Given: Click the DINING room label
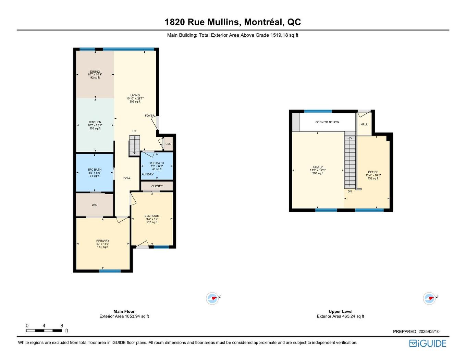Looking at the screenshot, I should pos(95,72).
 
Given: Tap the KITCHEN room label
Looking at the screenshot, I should pos(95,122).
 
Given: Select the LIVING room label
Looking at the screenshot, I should pos(135,96).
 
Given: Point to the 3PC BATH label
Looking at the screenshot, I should pos(95,170).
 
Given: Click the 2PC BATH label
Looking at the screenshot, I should pos(157,163).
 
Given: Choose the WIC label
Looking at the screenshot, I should pos(95,205).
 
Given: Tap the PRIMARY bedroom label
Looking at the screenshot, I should pos(103,241).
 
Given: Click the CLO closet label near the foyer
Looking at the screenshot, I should pos(168,144).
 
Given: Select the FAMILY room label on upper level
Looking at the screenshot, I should pos(318,167).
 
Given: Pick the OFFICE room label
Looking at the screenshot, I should pos(373,172).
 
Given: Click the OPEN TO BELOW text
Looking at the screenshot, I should pos(327,122).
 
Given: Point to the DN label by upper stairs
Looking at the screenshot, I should pos(349,191).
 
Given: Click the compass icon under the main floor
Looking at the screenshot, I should pos(212,298).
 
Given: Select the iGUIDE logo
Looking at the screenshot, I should pos(428,344).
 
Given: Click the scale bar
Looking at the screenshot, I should pos(44,331).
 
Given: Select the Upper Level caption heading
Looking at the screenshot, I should pos(340,311).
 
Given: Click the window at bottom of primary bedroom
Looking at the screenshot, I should pos(110,271).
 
